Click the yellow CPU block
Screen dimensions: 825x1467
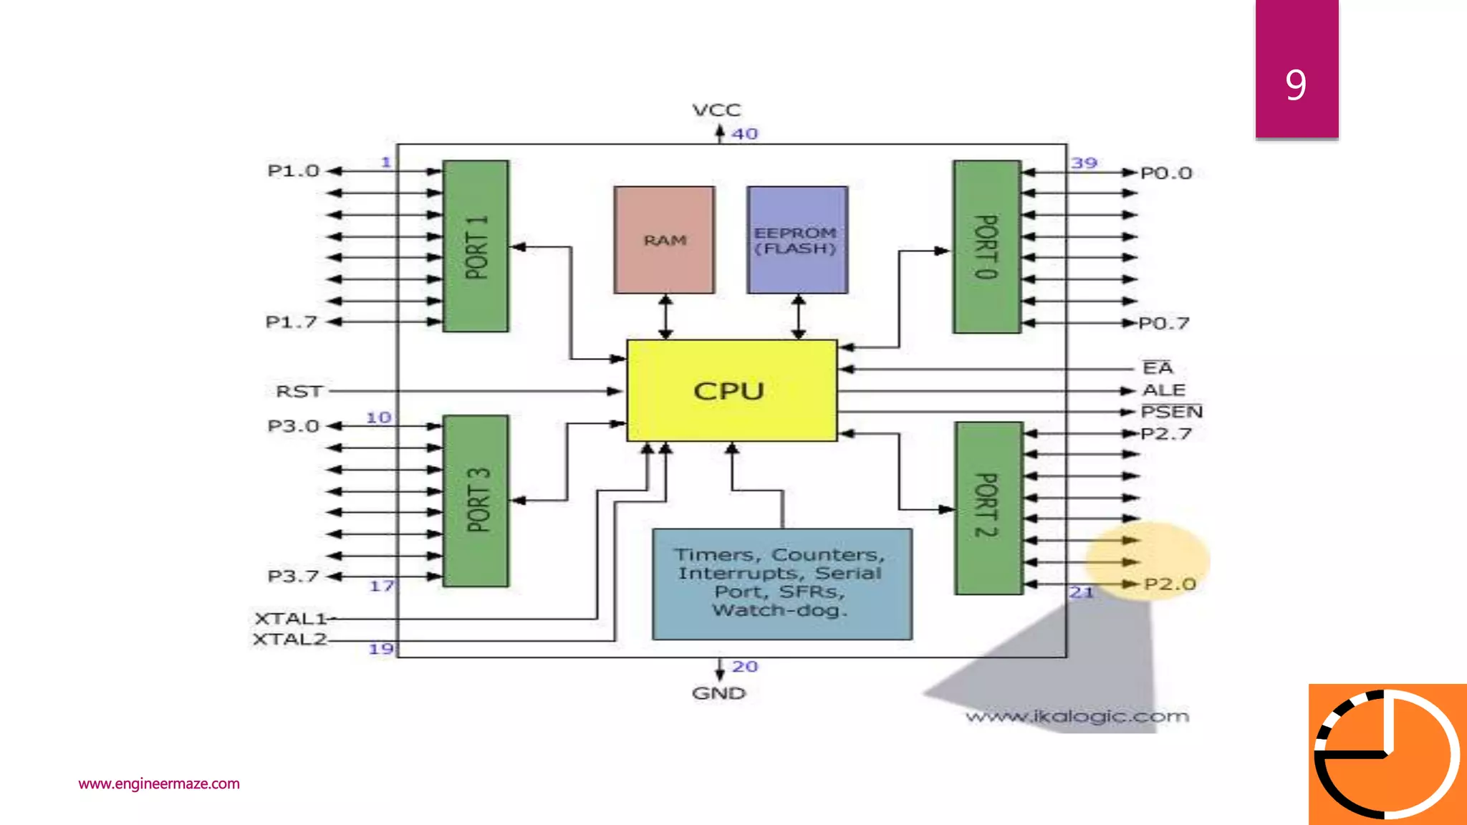pos(731,390)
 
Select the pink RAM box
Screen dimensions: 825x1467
pos(664,240)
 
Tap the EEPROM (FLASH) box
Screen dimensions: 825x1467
pos(797,240)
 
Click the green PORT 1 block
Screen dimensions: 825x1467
pos(476,246)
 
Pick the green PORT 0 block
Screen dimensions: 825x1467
pos(986,246)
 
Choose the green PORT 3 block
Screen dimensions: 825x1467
pos(476,501)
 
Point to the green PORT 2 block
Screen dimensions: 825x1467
pos(989,508)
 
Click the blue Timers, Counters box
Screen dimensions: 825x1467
pos(781,584)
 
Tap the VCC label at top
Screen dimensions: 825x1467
pos(716,110)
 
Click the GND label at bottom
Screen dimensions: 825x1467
pos(718,693)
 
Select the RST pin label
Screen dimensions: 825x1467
pos(299,392)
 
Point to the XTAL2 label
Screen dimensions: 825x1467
pos(289,640)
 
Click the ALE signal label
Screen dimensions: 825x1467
pos(1163,390)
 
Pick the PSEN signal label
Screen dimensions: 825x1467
pos(1171,412)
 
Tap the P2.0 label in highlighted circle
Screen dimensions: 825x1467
pos(1169,584)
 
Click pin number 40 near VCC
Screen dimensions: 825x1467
pos(744,134)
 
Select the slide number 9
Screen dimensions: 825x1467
pos(1295,85)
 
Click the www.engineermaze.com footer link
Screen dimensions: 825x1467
pos(159,783)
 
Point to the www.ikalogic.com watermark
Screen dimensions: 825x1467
pos(1077,716)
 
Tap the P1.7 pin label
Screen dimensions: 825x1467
pos(291,322)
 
